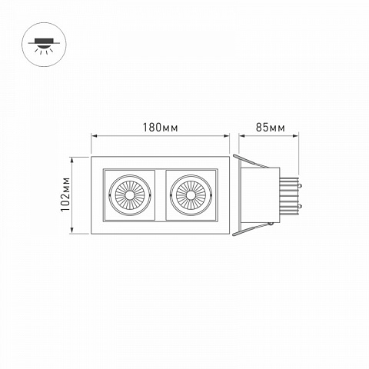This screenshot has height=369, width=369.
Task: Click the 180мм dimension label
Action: pos(160,128)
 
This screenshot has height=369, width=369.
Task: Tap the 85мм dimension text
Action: pos(271,128)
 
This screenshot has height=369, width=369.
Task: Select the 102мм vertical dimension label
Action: pos(65,194)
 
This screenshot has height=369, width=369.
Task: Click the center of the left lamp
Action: pos(130,195)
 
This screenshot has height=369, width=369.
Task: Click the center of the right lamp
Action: pos(191,195)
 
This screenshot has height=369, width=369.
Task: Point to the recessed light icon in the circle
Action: pos(44,45)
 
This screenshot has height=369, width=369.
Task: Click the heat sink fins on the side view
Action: pos(289,195)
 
